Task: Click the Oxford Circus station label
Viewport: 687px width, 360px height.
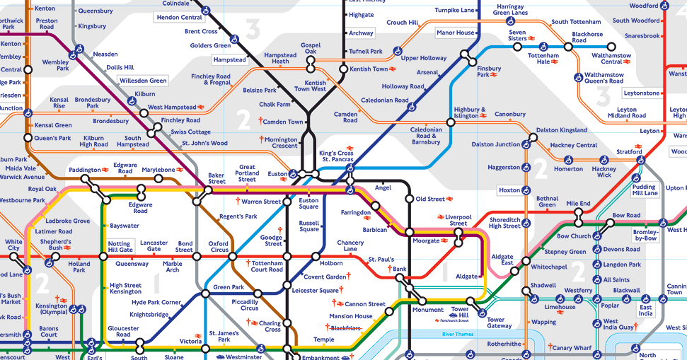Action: [x=219, y=246]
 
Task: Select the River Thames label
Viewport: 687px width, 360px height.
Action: [x=457, y=333]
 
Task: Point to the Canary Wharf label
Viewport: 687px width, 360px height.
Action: [x=572, y=348]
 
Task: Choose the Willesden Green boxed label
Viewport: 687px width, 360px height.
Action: [x=143, y=81]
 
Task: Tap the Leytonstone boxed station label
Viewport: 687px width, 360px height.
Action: [x=642, y=93]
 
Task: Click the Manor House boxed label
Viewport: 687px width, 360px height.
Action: [x=456, y=33]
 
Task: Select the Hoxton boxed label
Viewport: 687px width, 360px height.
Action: [x=509, y=190]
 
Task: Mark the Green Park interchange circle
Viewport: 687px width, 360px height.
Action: [x=204, y=293]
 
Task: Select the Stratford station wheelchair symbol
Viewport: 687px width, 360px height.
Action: [x=640, y=161]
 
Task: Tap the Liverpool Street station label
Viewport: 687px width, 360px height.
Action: [x=458, y=220]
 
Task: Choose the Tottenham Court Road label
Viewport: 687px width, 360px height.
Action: [x=267, y=266]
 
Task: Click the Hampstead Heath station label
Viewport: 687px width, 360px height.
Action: [x=280, y=58]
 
